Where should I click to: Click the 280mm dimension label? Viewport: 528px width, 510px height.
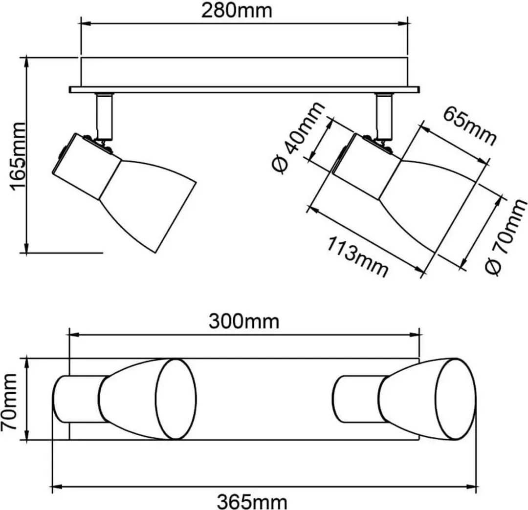(x=237, y=11)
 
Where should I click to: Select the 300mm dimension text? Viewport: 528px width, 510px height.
(x=244, y=321)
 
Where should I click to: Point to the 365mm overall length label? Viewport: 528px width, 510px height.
(x=252, y=502)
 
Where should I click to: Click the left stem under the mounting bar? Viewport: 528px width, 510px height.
(x=105, y=116)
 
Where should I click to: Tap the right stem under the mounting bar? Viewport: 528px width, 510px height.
(x=384, y=116)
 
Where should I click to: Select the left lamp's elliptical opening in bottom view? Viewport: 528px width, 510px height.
(x=176, y=399)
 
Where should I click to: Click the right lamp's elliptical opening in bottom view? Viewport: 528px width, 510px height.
(x=456, y=399)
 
